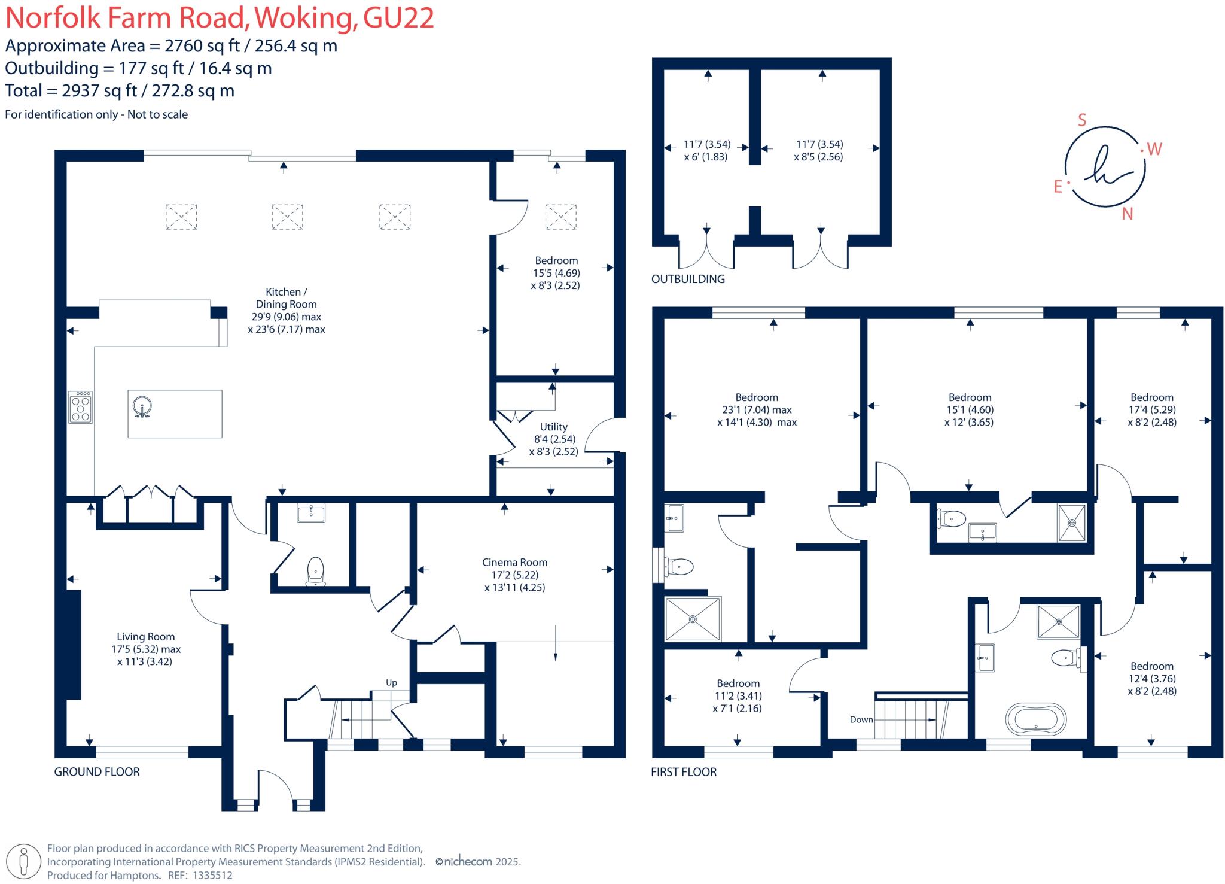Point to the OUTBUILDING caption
688,279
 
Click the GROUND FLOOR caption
97,771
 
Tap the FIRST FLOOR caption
684,771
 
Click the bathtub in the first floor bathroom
1035,719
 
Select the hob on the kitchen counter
80,407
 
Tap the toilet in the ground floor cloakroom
315,571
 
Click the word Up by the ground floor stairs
391,682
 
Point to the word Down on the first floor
861,719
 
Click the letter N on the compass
1127,214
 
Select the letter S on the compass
1081,120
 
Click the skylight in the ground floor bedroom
560,217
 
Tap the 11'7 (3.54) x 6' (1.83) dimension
706,151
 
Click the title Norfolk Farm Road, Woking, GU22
220,18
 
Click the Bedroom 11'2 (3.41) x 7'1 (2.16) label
738,695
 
